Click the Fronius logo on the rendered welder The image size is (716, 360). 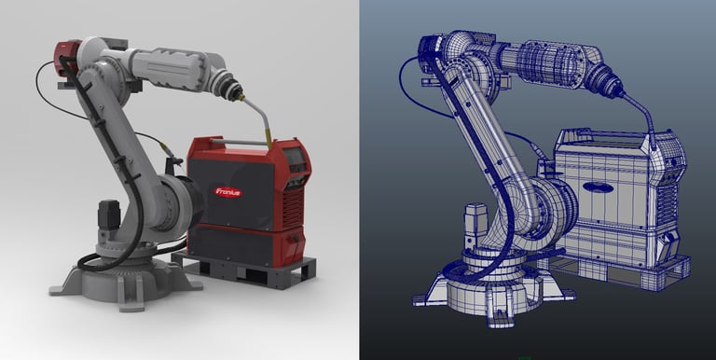point(227,192)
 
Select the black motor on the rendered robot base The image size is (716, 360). point(109,214)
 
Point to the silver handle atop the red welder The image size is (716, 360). point(239,143)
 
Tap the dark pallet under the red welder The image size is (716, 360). point(244,270)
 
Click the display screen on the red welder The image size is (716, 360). point(295,157)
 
